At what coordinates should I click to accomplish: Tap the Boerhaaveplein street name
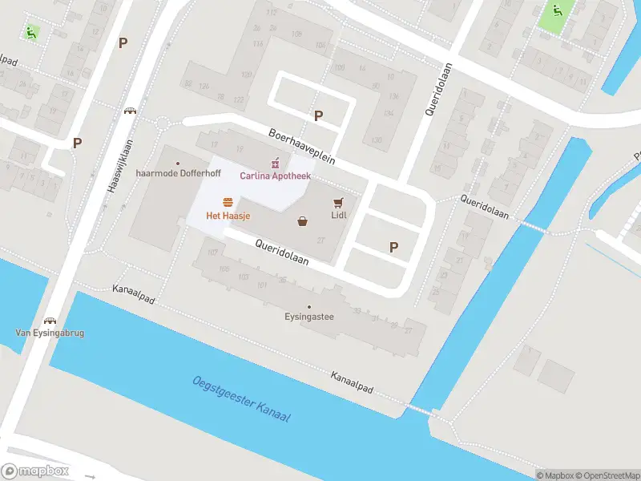click(x=301, y=147)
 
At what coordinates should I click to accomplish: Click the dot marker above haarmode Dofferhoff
click(x=178, y=163)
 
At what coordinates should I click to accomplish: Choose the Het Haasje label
click(x=228, y=216)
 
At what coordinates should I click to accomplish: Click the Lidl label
click(x=338, y=215)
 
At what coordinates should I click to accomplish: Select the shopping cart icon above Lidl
click(x=338, y=202)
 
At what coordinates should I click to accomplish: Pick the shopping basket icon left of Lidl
click(x=303, y=221)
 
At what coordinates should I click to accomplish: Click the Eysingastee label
click(x=308, y=317)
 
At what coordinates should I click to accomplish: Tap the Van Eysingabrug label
click(x=50, y=333)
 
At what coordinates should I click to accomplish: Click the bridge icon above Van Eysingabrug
click(x=50, y=321)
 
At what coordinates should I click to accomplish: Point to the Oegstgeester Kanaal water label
click(x=241, y=401)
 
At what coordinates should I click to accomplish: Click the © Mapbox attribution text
click(x=555, y=475)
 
